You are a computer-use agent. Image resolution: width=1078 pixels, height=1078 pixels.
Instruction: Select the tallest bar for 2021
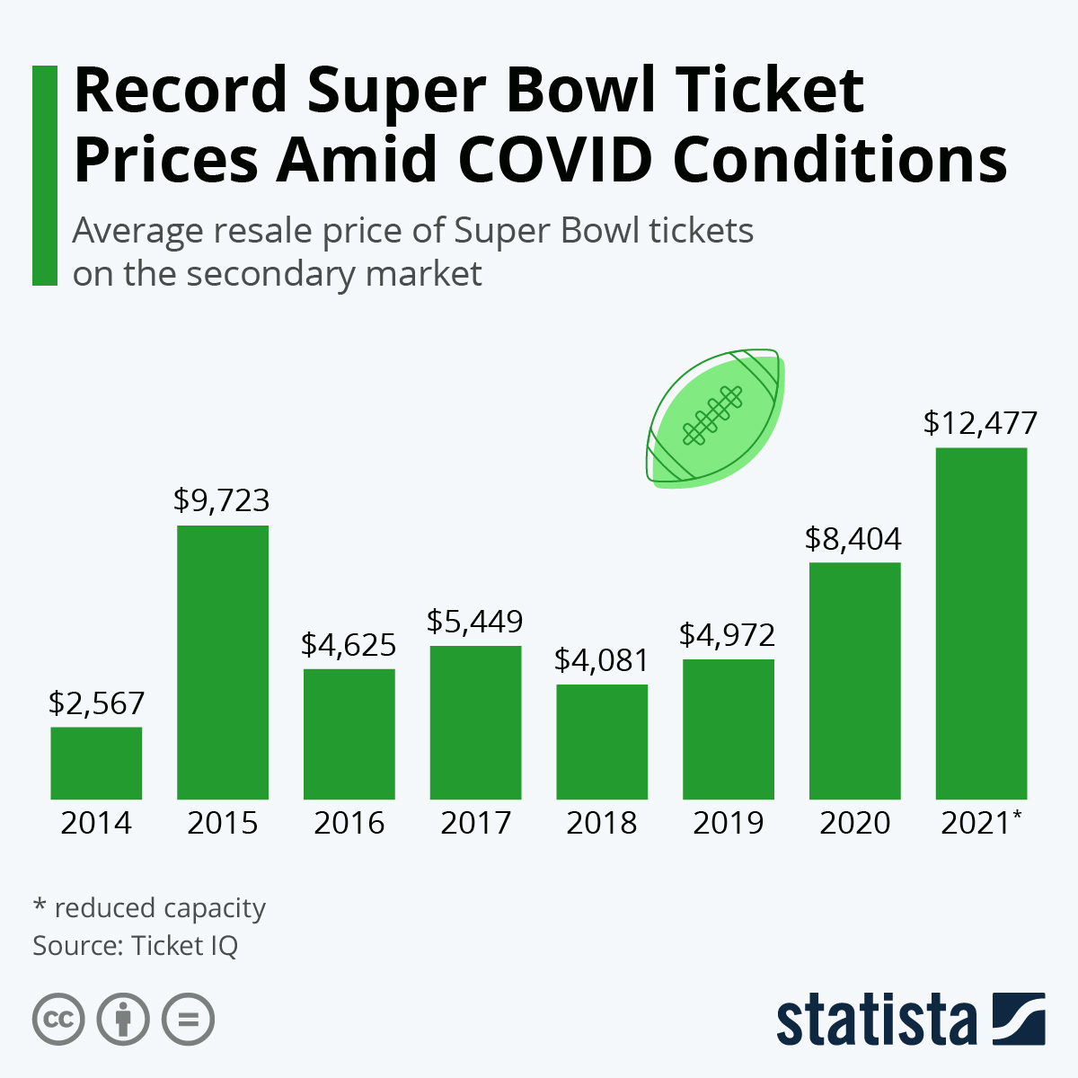pos(981,623)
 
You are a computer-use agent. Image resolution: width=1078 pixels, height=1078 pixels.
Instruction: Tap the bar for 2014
pos(96,763)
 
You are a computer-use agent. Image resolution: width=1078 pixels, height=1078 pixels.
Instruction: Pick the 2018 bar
pos(602,742)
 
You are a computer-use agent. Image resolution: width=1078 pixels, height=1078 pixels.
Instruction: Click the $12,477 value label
pos(980,423)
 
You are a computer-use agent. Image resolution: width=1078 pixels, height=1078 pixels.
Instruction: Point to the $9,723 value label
pos(222,500)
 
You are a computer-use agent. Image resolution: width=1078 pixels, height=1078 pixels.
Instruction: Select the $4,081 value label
pos(601,660)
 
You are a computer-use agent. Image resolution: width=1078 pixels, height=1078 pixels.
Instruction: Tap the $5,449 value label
pos(475,621)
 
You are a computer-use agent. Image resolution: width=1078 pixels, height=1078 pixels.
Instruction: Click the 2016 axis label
pos(349,823)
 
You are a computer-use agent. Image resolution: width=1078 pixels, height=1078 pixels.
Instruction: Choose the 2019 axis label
pos(728,823)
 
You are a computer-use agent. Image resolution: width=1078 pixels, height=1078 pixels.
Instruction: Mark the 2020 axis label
pos(854,823)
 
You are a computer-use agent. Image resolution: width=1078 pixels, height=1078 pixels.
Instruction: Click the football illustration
pos(715,419)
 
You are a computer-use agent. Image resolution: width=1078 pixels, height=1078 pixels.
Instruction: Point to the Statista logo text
pos(877,1021)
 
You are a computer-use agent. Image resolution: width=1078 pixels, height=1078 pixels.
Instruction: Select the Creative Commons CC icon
pos(58,1020)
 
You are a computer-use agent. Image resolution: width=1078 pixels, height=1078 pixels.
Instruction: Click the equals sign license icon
pos(188,1020)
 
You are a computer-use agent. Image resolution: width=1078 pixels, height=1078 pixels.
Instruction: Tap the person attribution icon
pos(123,1020)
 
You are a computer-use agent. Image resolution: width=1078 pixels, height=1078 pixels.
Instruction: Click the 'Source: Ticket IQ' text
pos(136,946)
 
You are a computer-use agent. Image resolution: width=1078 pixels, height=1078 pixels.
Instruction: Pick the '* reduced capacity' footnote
pos(149,908)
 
